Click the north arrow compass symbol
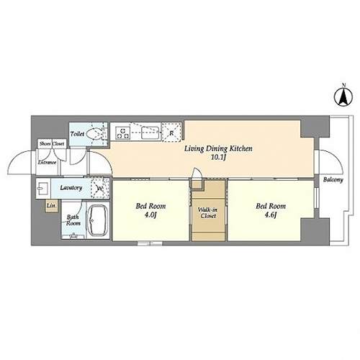pos(343,97)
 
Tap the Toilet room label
pos(77,134)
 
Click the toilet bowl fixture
pos(94,134)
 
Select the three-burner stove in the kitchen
pos(123,133)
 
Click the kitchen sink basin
pos(150,132)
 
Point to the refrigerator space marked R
pos(171,132)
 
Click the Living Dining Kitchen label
pos(218,149)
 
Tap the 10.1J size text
pos(218,158)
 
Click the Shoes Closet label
pos(52,144)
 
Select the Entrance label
pos(47,163)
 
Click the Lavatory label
pos(71,188)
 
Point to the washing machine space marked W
pos(100,189)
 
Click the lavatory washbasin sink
pos(43,188)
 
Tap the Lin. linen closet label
pos(52,206)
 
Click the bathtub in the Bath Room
pos(98,220)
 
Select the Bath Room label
pos(73,220)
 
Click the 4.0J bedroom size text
pos(150,215)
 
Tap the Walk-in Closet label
pos(208,212)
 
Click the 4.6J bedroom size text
pos(271,215)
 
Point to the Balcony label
pos(333,179)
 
